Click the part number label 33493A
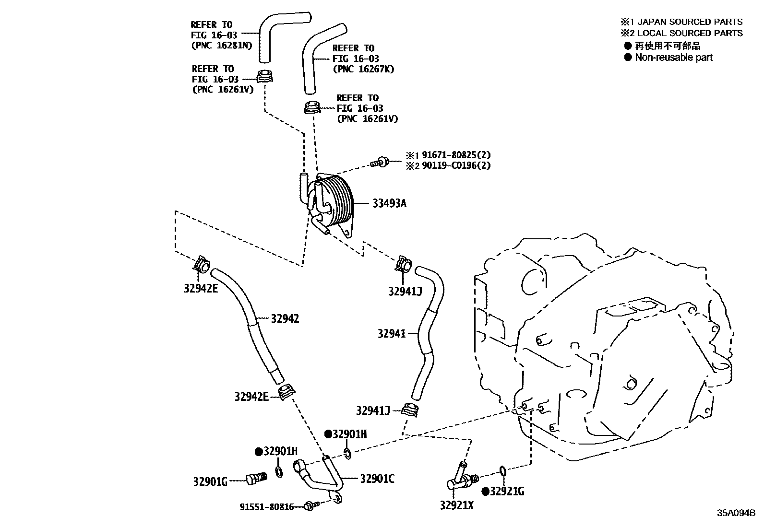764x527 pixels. point(389,203)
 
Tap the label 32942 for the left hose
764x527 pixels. point(285,318)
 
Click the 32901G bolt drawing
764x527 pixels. point(255,478)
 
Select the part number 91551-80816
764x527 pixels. point(267,507)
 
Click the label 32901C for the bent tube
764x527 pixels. point(377,478)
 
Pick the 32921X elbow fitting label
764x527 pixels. point(456,505)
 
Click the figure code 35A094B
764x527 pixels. point(736,513)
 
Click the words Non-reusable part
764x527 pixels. point(673,58)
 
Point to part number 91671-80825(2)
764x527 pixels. point(456,155)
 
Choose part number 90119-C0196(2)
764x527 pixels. point(456,166)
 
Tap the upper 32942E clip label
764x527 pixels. point(201,289)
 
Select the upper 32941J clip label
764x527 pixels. point(405,291)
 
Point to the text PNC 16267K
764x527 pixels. point(363,69)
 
